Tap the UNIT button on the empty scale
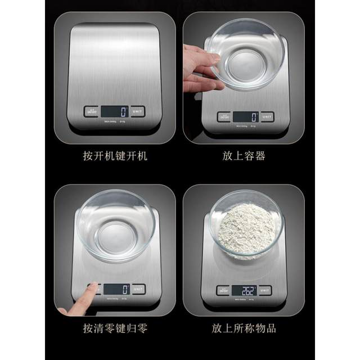point(137,111)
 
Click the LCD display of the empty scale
point(115,111)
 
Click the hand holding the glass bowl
point(200,67)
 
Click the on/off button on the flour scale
point(223,291)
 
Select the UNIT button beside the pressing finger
point(138,289)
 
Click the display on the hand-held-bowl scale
point(245,117)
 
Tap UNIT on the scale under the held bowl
point(267,117)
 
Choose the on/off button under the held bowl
point(224,117)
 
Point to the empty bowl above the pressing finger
point(118,225)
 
